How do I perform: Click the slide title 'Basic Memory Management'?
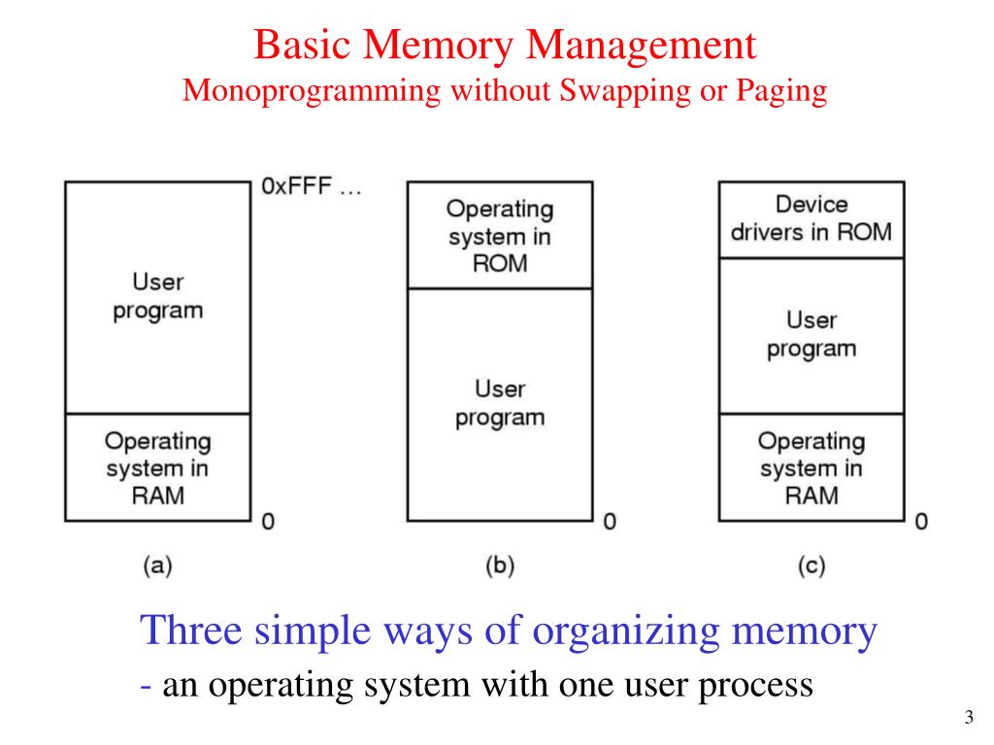(x=505, y=45)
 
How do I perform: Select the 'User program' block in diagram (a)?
(x=157, y=297)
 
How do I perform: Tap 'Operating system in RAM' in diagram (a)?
(x=157, y=469)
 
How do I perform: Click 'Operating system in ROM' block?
(x=499, y=236)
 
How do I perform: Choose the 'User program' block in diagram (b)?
(x=499, y=404)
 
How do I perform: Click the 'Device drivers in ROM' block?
(x=811, y=219)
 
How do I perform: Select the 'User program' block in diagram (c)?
(x=811, y=335)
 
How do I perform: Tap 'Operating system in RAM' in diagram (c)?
(x=811, y=469)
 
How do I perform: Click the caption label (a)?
(x=157, y=567)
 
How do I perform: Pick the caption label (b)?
(x=499, y=567)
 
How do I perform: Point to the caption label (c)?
(x=811, y=567)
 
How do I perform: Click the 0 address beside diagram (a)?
(x=268, y=522)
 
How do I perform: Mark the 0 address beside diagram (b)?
(x=610, y=522)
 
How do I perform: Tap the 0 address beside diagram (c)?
(x=921, y=522)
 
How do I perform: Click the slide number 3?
(x=968, y=718)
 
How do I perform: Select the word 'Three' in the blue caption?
(x=191, y=632)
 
